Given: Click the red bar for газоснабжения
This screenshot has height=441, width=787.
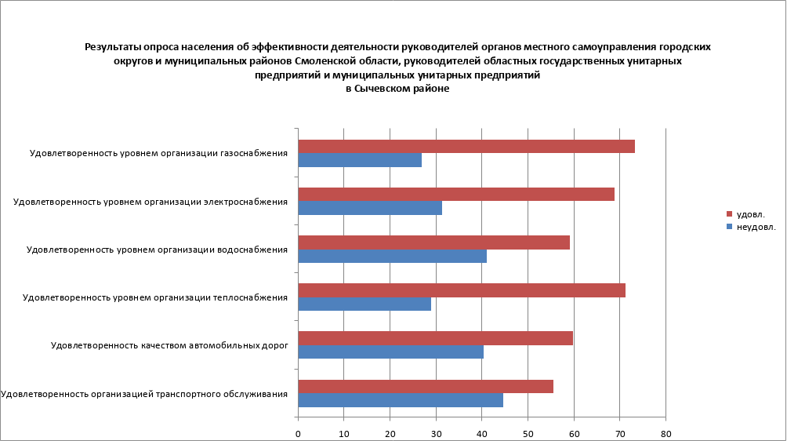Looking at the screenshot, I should coord(466,147).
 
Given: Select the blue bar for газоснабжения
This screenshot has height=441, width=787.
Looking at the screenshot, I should coord(360,160).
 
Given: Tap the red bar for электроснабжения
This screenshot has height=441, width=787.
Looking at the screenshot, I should coord(456,195).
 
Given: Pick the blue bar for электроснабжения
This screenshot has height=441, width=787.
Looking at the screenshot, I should coord(370,208).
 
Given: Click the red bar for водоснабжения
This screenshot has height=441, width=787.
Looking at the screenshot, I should coord(433,242).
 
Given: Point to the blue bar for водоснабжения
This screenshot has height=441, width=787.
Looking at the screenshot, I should coord(392,256).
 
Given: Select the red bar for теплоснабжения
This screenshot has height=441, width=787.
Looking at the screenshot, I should coord(462,290).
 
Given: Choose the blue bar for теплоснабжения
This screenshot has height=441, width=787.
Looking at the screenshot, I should coord(364,304).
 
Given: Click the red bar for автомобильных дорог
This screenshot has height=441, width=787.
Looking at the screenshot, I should coord(435,338).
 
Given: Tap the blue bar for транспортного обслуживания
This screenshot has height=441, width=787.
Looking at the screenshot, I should coord(401,400).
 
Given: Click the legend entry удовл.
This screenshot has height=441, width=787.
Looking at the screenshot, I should coord(750,213).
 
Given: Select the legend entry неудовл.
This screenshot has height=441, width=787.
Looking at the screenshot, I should coord(756,227).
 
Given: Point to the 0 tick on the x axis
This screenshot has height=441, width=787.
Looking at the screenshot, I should coord(298,432).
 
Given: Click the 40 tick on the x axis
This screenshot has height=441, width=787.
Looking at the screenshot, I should coord(481,432).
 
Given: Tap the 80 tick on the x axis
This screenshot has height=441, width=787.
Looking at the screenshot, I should coord(665,432).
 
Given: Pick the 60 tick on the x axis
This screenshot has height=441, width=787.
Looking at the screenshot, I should coord(573,432).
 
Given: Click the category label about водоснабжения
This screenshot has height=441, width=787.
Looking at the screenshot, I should coord(158,250).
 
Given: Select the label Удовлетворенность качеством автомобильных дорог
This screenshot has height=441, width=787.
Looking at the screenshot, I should coord(169,345).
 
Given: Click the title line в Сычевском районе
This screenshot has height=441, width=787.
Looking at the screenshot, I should coord(397,89).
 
